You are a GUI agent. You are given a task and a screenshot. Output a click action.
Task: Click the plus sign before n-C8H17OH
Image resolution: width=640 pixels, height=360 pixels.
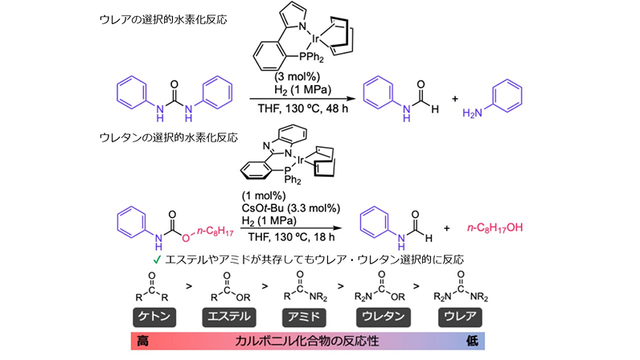(446, 227)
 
